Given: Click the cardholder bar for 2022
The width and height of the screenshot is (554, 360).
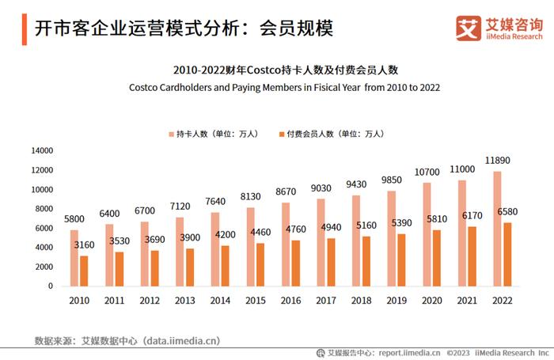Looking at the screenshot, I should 497,229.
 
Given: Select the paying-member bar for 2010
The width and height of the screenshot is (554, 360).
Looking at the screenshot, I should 83,271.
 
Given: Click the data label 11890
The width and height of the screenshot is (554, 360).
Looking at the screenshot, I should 497,161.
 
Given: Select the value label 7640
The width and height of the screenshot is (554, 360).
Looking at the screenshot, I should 216,201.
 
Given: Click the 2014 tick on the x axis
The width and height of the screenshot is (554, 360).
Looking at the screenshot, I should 220,301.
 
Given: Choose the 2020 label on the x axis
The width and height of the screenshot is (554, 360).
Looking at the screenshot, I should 431,301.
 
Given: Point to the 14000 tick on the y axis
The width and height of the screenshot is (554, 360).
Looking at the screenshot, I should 42,150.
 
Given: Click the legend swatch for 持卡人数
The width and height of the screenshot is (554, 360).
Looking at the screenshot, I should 170,134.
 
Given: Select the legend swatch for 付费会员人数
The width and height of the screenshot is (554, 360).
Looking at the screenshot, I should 281,134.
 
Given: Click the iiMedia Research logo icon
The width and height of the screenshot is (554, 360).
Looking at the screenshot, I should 469,28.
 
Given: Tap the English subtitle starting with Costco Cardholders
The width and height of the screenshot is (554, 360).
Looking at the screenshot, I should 284,87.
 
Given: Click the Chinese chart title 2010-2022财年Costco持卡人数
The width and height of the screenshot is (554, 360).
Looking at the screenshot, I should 284,70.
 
